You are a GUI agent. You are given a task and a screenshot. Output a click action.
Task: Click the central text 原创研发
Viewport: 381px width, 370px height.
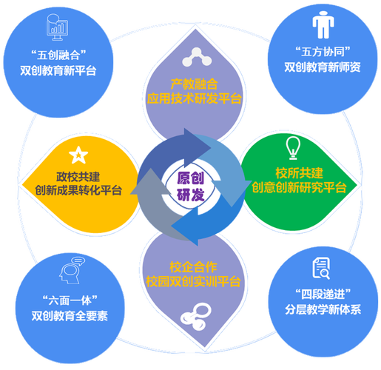190,186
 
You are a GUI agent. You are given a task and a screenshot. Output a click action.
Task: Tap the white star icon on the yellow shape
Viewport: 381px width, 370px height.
78,155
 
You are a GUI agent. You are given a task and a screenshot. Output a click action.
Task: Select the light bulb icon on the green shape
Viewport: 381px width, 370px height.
293,148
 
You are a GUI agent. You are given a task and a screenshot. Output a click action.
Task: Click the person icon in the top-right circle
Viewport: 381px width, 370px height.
323,25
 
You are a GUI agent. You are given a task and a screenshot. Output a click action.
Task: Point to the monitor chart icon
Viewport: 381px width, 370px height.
57,27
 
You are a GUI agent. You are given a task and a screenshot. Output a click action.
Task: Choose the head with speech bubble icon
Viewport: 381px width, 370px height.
72,270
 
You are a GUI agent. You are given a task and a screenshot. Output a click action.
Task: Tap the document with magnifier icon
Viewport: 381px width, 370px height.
321,269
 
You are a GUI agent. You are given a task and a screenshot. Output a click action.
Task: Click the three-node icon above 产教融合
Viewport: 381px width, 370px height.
197,57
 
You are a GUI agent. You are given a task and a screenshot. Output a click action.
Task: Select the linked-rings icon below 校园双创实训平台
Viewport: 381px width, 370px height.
196,317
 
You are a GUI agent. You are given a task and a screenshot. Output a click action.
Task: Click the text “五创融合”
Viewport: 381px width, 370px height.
58,55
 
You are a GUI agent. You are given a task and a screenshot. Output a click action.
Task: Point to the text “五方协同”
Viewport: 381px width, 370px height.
323,52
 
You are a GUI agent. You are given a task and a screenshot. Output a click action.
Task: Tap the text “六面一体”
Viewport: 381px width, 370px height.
70,300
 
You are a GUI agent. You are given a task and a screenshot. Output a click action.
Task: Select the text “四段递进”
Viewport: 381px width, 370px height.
323,294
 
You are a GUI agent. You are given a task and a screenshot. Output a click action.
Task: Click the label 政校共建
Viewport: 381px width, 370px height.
78,177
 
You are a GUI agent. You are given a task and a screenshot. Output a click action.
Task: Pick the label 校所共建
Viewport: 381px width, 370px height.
299,173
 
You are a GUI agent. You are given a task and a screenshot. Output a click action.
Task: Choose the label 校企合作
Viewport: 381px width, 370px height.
193,267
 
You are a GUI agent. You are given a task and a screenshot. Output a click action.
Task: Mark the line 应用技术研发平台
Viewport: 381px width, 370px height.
195,98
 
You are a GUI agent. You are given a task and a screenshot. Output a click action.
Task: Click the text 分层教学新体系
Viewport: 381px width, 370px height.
323,309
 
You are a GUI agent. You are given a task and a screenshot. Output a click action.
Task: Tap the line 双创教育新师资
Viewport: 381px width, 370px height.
323,67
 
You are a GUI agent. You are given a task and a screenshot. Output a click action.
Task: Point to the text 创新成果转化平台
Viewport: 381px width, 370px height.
78,190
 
